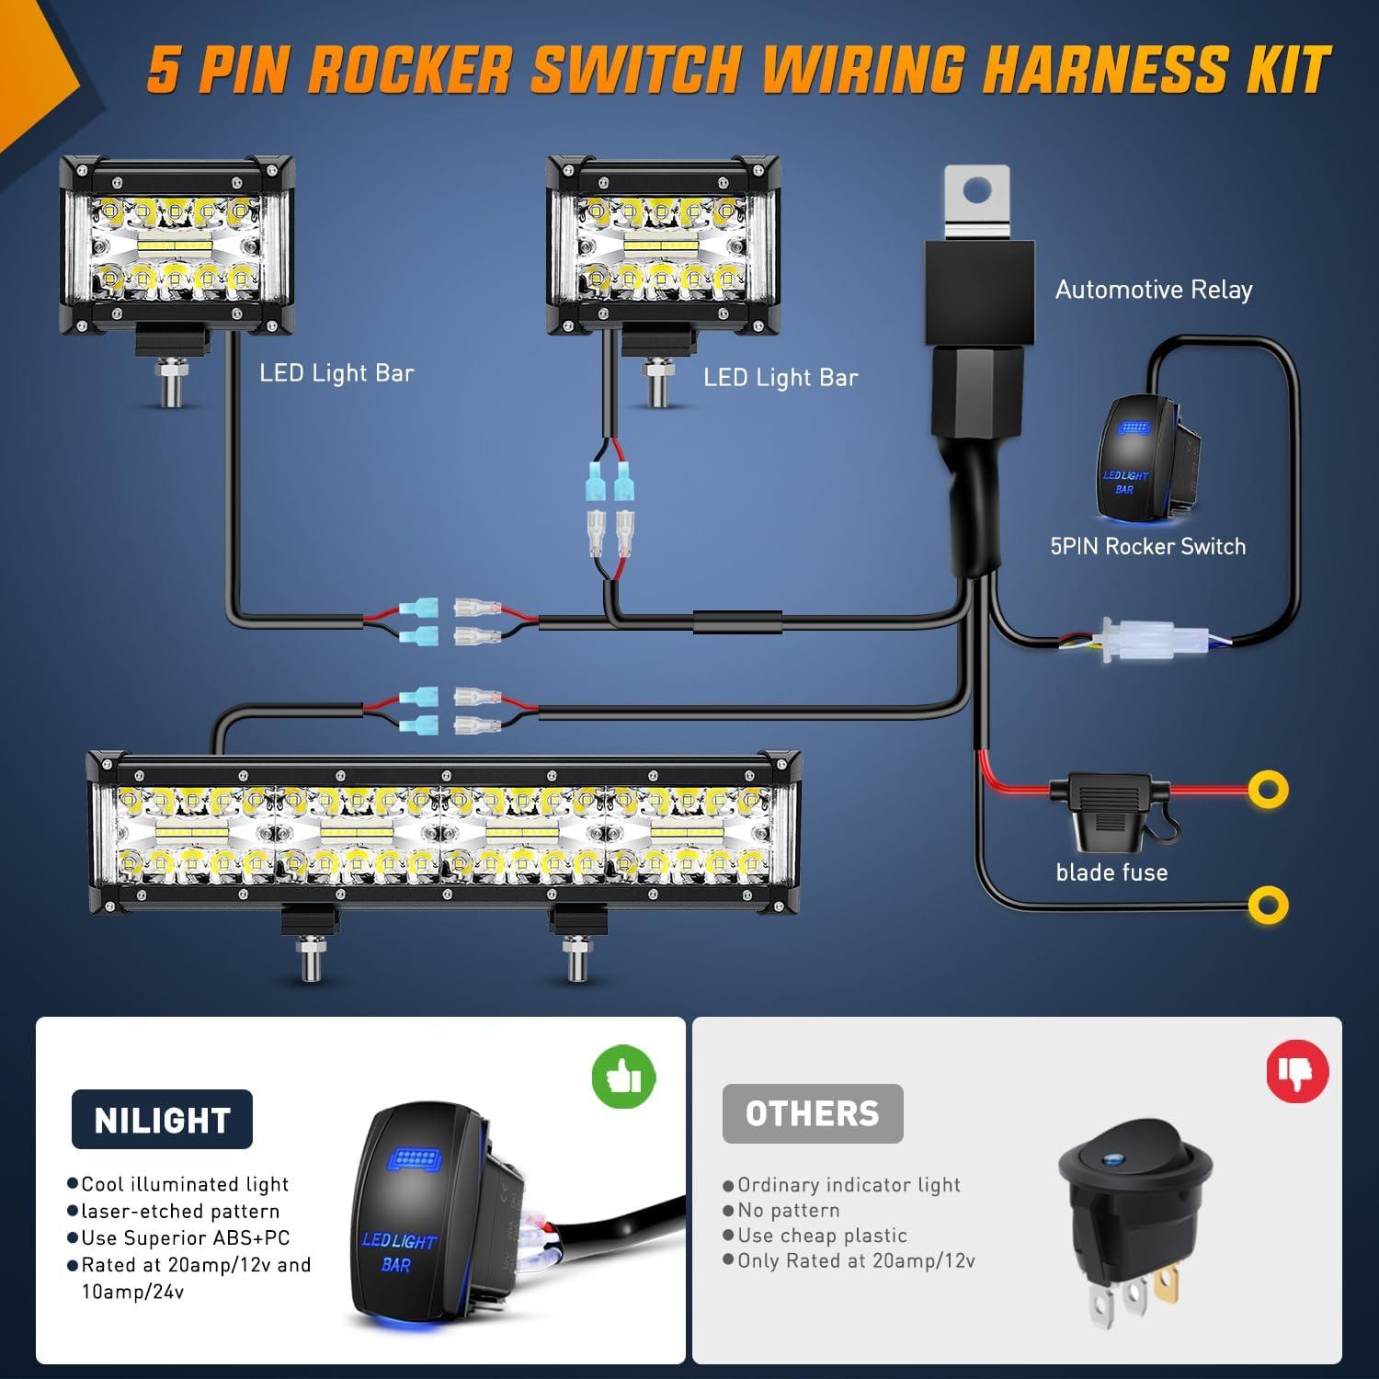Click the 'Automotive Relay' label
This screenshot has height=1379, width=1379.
(x=1153, y=291)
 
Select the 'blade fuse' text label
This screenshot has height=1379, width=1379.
(x=1111, y=872)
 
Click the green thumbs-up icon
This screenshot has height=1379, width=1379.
(x=623, y=1076)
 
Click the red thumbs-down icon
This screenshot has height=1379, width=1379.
(x=1297, y=1070)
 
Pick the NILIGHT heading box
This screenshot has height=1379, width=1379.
(x=162, y=1120)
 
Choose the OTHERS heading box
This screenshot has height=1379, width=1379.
(x=812, y=1114)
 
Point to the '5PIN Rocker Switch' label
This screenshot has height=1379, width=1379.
(x=1147, y=547)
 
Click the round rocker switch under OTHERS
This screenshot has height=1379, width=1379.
(x=1135, y=1195)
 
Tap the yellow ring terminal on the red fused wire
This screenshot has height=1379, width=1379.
(x=1268, y=789)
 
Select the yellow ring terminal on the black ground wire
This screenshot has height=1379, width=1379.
(x=1268, y=906)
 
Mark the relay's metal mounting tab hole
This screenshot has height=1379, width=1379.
(x=977, y=191)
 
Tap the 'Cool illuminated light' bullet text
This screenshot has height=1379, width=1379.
(x=185, y=1184)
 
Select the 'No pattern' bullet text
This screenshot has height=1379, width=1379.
(x=788, y=1211)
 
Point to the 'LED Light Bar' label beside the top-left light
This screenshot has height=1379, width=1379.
(x=336, y=373)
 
